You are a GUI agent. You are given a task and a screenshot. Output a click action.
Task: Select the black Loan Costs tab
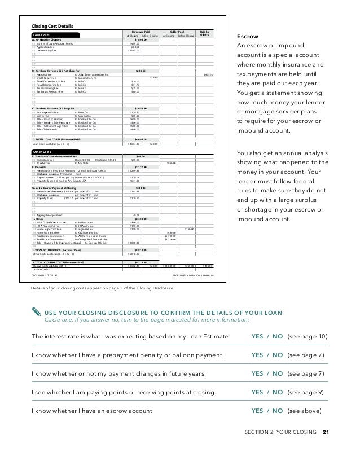[45, 35]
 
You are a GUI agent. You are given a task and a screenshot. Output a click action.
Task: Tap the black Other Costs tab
[46, 151]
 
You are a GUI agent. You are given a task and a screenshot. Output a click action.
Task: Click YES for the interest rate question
[258, 337]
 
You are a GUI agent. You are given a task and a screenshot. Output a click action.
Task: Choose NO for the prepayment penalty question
[277, 355]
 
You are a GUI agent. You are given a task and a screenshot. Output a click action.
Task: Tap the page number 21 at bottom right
[326, 432]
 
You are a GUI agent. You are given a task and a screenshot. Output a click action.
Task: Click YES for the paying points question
[258, 391]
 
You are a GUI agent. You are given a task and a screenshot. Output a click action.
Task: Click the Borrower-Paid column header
[140, 32]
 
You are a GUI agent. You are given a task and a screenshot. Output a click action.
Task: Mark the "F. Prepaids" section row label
[42, 167]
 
